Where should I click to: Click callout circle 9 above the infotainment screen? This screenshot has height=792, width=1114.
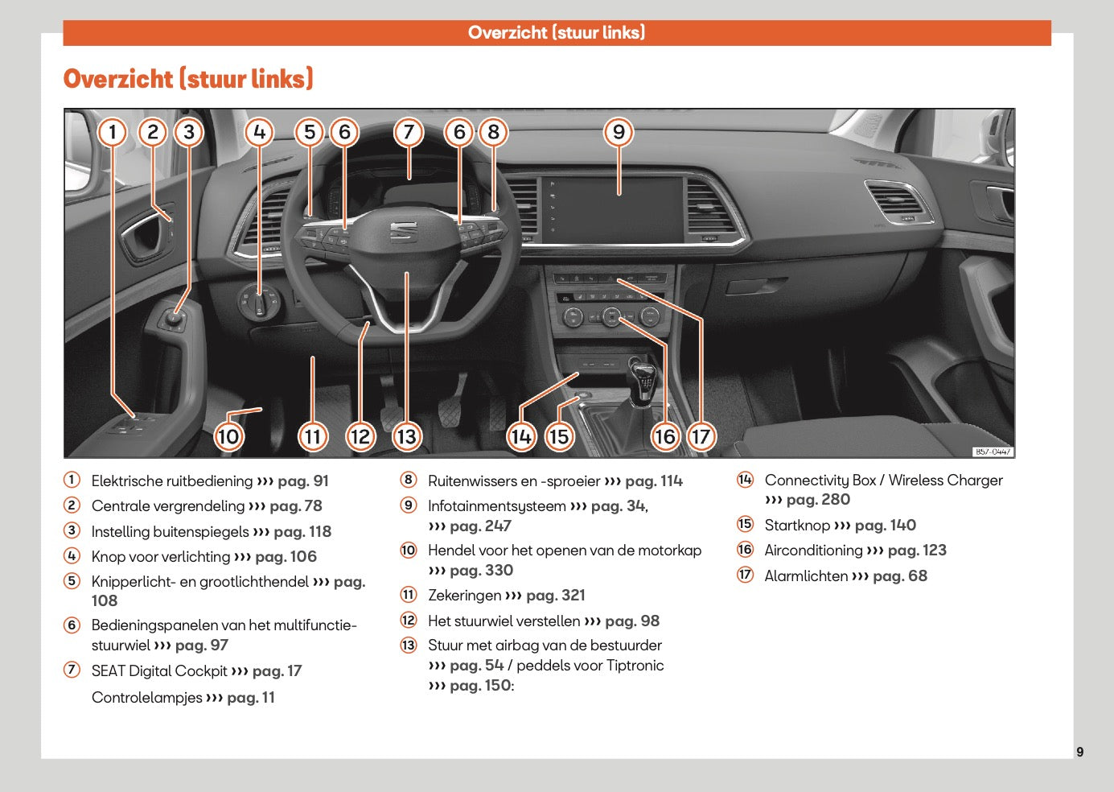619,132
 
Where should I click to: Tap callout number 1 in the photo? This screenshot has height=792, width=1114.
113,132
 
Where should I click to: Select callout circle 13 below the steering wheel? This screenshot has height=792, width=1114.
407,436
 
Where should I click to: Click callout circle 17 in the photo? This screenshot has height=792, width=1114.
701,436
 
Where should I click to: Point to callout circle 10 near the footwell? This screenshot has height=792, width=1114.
228,436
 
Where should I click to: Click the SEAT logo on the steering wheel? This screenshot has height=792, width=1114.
404,231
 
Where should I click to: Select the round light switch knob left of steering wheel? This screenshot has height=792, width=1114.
259,303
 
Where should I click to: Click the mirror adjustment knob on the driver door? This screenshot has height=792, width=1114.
175,320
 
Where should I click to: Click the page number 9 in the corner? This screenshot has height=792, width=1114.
1079,752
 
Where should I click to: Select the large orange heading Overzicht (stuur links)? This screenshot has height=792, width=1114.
188,79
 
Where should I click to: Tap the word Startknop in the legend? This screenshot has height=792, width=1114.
796,526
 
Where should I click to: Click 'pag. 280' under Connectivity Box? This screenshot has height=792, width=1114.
818,500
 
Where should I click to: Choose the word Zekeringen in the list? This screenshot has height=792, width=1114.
464,596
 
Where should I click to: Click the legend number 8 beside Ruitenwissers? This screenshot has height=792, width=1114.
409,481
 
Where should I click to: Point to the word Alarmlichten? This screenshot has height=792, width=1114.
806,576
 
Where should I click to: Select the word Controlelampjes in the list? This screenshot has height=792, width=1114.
146,698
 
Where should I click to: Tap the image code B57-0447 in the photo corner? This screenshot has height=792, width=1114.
993,452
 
